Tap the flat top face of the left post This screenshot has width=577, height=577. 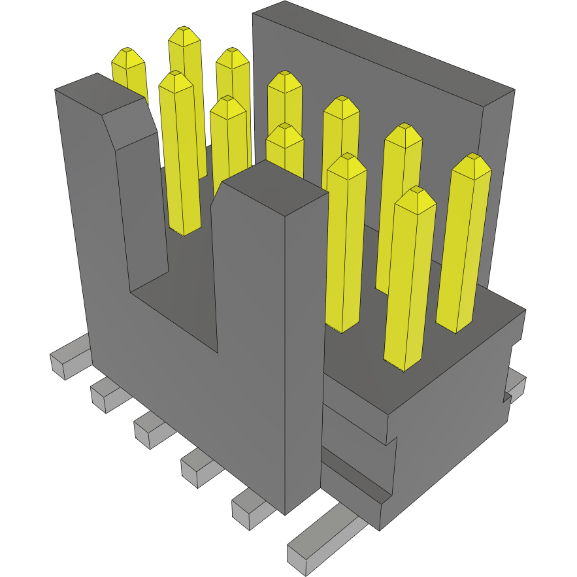(98, 88)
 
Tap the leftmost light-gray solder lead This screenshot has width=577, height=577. (69, 358)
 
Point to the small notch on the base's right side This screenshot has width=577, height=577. (506, 397)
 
